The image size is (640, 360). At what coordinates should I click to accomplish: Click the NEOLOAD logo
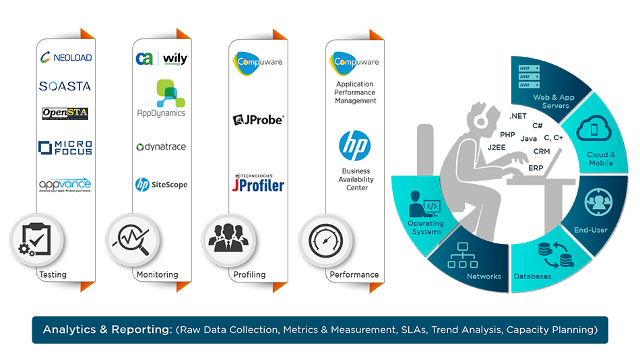point(65,57)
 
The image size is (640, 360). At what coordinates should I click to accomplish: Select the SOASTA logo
point(65,86)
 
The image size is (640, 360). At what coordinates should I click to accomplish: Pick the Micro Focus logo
point(65,148)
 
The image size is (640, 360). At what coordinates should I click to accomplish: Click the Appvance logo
point(65,184)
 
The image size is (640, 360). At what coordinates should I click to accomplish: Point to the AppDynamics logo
point(161,98)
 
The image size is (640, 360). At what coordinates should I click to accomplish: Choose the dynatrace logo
point(161,147)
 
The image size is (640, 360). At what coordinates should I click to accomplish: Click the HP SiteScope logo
point(161,184)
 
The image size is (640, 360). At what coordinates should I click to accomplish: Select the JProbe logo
point(258,120)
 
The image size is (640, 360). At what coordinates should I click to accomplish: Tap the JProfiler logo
point(258,183)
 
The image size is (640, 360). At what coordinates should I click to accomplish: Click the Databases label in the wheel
point(532,276)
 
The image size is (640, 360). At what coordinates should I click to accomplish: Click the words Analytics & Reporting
point(107,330)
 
